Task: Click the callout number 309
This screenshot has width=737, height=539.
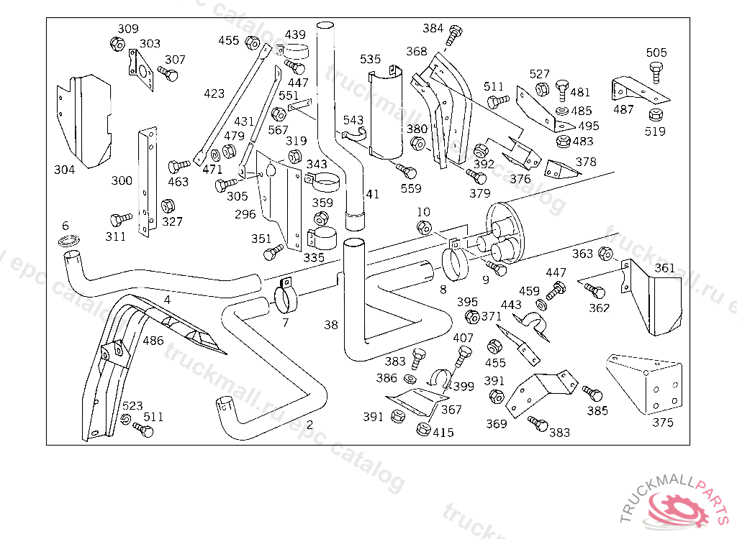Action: (x=128, y=29)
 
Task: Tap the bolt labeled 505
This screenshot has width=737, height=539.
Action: (x=656, y=71)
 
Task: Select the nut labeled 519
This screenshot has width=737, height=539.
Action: (x=655, y=115)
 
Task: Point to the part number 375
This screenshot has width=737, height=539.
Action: (x=662, y=423)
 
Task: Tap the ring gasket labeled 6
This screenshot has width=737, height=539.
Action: (x=68, y=239)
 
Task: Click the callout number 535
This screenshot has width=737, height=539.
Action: (x=371, y=59)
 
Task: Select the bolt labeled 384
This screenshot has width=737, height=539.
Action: (x=454, y=32)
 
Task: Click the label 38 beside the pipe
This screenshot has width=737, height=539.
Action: (x=330, y=325)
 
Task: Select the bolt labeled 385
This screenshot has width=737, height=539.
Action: (x=594, y=394)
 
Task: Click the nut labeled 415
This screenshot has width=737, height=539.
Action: (x=423, y=430)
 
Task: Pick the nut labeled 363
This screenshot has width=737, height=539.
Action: (x=605, y=254)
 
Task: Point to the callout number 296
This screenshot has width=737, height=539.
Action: (x=245, y=213)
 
